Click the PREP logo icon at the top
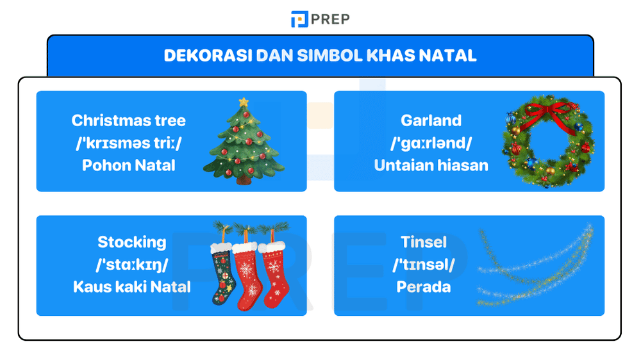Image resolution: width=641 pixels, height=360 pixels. [x=299, y=19]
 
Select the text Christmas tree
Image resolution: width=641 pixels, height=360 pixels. [x=128, y=120]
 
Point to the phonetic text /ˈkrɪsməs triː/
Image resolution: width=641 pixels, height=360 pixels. [x=128, y=143]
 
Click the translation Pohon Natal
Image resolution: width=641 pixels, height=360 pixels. [x=128, y=165]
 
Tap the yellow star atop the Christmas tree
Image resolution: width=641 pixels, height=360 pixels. [x=243, y=102]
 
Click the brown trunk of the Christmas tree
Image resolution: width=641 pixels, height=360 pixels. [x=244, y=180]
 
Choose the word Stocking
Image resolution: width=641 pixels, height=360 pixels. [x=131, y=242]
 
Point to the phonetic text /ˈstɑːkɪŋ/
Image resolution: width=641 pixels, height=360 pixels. [x=131, y=265]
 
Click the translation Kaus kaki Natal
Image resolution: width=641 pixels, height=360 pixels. [x=131, y=286]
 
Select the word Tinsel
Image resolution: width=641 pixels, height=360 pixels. [x=423, y=242]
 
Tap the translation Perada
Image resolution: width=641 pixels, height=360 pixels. [x=423, y=286]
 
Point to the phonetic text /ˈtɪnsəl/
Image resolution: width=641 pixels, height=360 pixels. [x=423, y=265]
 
